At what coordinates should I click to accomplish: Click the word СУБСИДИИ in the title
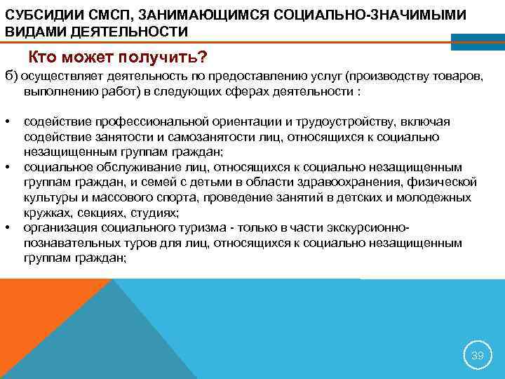(38, 15)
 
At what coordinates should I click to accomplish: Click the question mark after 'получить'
(203, 56)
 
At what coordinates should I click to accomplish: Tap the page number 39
(477, 356)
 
